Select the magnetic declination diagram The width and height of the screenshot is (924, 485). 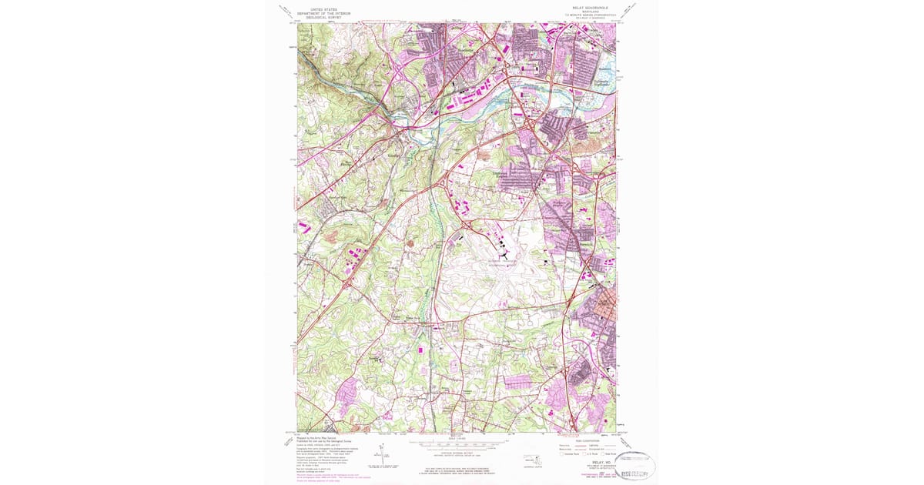click(385, 454)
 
